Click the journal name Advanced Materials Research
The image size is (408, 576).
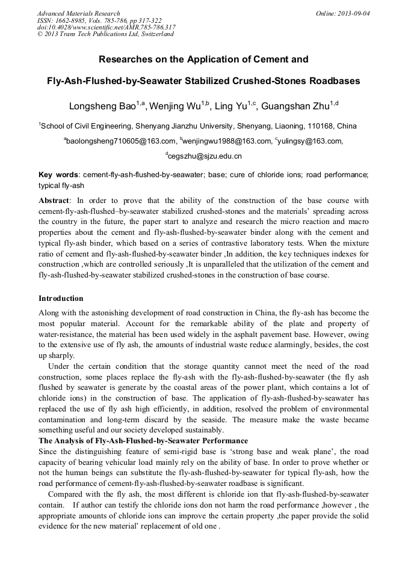tap(78, 13)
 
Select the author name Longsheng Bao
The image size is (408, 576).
tap(102, 107)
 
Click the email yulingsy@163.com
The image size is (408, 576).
tap(310, 142)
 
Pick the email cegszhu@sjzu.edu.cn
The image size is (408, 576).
tap(205, 157)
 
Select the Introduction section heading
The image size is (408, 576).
tap(61, 299)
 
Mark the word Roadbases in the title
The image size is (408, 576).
tap(335, 80)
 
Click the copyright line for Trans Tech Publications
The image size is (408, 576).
tap(105, 34)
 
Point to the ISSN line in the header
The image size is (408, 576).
tap(99, 20)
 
